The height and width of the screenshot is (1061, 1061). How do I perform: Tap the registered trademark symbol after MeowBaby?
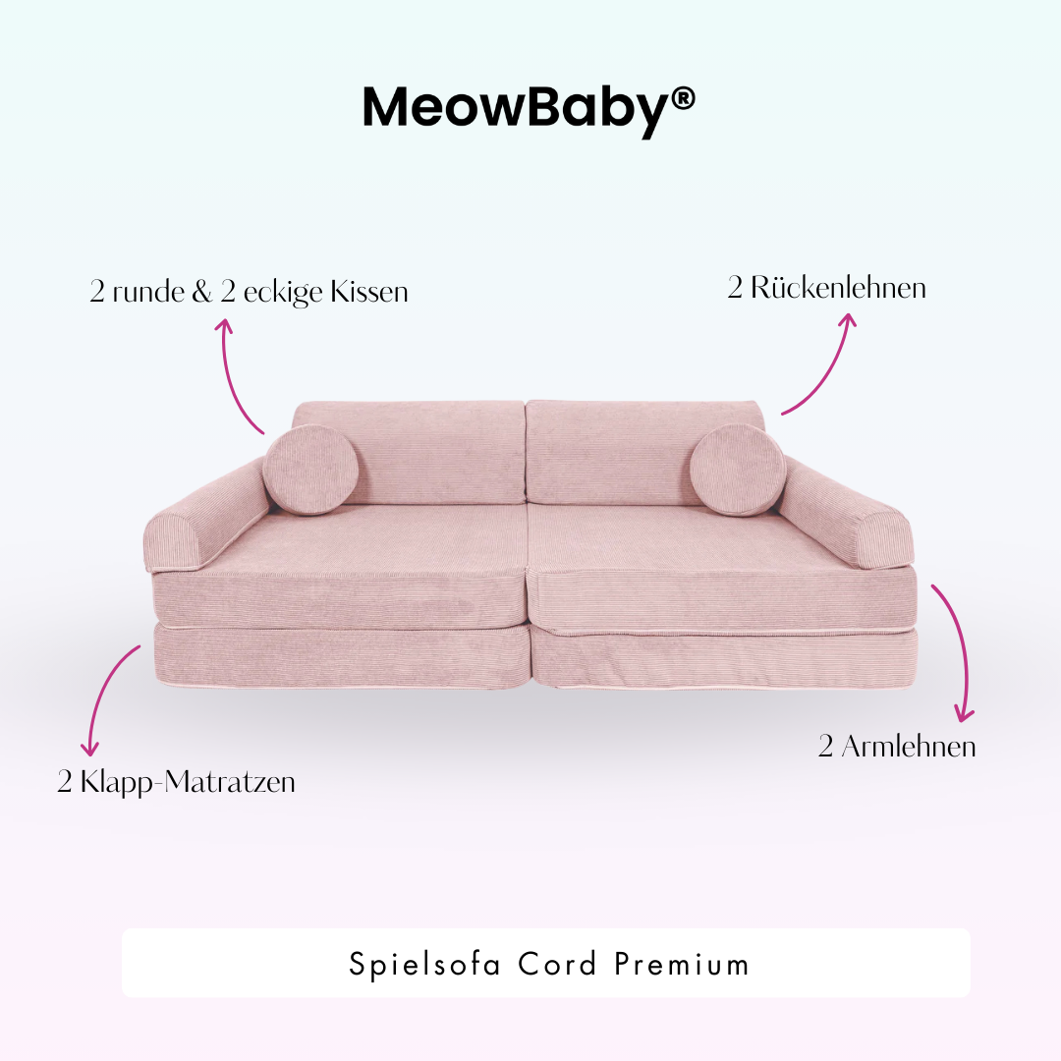tap(683, 98)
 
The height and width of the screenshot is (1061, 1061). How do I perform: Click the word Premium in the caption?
tap(682, 964)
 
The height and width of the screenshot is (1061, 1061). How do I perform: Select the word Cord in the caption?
tap(557, 964)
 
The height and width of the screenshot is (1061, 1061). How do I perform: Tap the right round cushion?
tap(737, 471)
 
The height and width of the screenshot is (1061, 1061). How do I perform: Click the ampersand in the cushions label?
tap(202, 293)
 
